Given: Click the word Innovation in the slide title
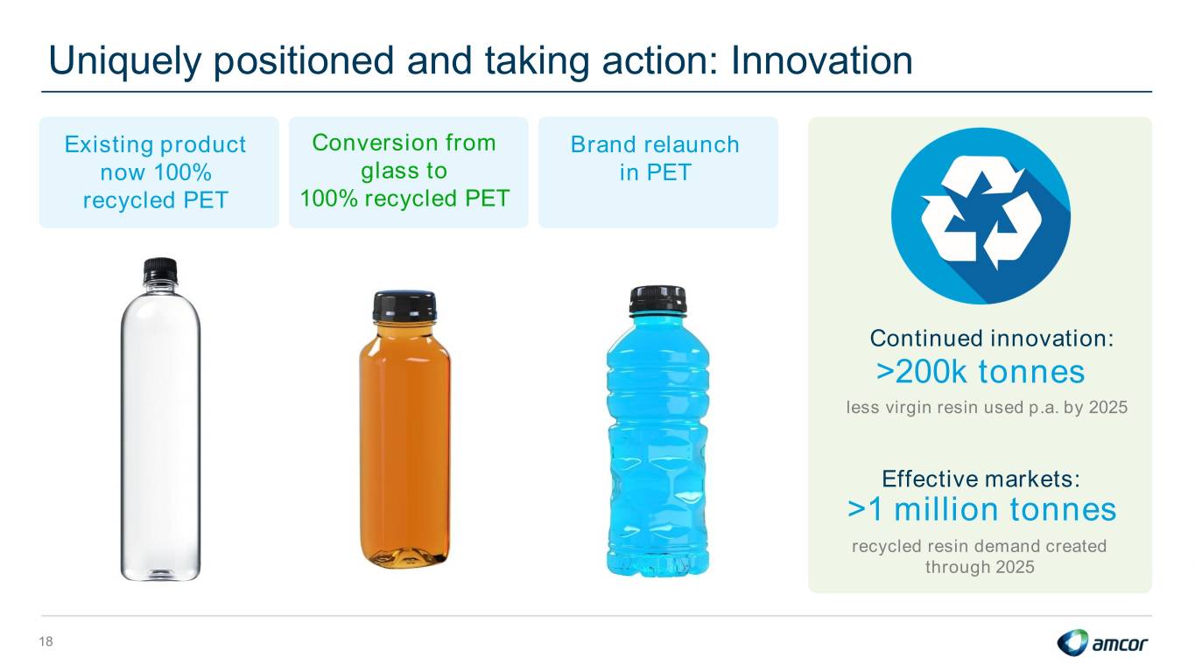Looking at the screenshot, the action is click(x=821, y=60).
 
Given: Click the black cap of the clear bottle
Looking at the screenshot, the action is click(x=160, y=270).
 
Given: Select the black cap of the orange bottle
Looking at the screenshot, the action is click(x=404, y=306).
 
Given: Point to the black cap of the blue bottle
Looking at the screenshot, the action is click(x=657, y=299).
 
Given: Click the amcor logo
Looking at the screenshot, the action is click(x=1102, y=642).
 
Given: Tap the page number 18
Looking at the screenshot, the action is click(x=46, y=641).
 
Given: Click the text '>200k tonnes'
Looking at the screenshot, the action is click(x=981, y=372).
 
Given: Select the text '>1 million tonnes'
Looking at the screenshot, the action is click(x=981, y=509).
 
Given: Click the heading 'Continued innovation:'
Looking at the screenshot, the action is click(x=992, y=338).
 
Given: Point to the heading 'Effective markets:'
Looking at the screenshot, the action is click(x=981, y=479).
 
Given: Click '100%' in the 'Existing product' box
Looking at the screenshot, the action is click(x=182, y=172).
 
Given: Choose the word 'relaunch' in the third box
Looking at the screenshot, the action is click(x=692, y=144).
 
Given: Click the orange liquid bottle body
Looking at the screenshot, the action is click(x=405, y=444).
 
